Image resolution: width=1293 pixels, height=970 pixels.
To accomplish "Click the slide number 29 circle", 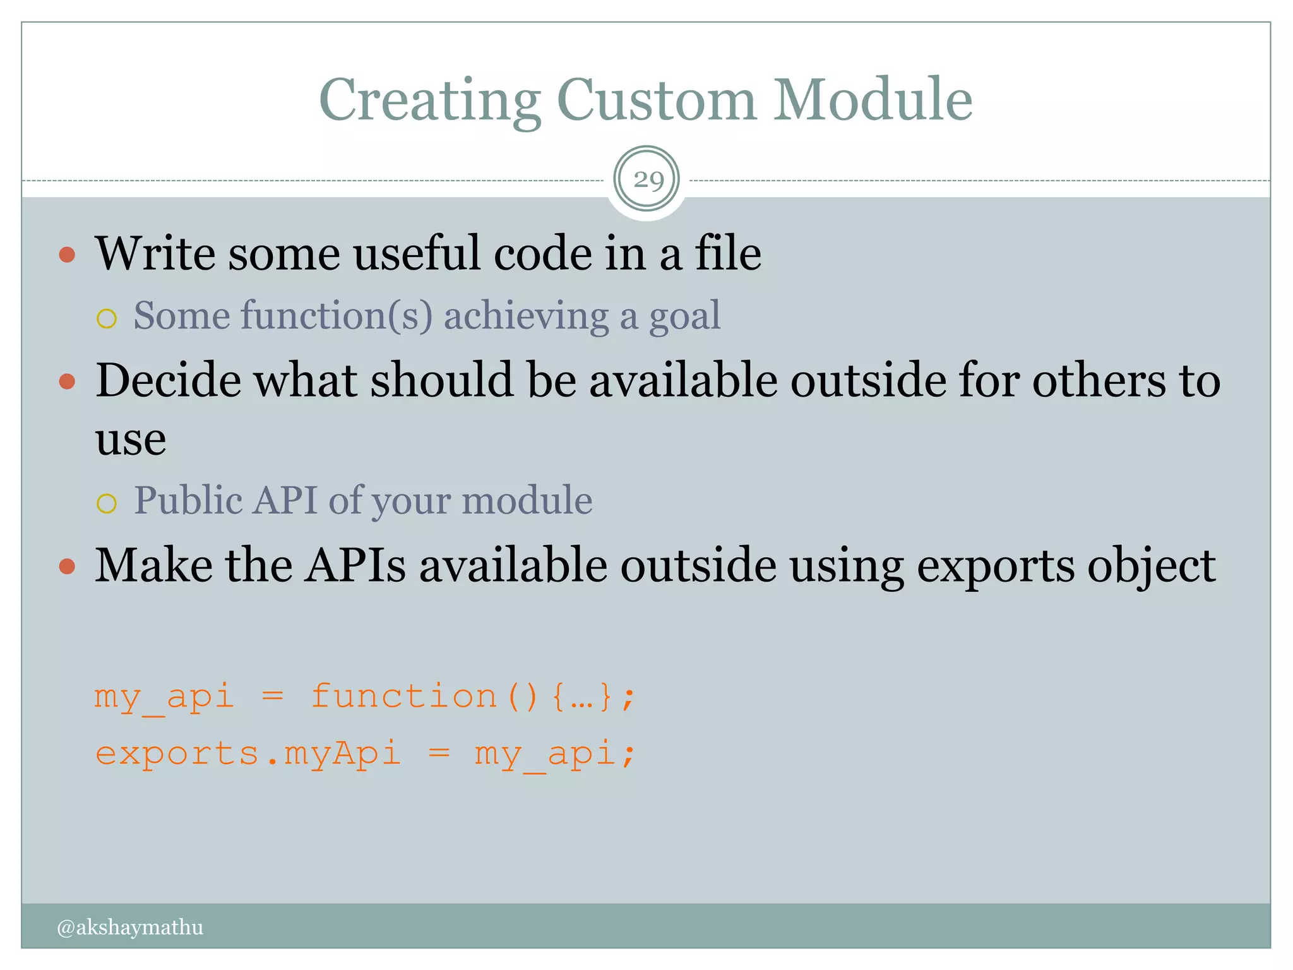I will [646, 179].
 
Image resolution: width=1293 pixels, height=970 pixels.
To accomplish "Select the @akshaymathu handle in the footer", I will [130, 927].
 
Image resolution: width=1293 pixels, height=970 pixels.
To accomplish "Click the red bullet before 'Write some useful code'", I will [67, 255].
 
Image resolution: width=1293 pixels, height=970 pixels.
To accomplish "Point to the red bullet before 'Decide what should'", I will [67, 381].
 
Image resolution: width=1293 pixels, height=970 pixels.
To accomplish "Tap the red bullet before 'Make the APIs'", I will [67, 566].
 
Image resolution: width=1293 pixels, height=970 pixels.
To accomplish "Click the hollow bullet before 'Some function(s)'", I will [107, 318].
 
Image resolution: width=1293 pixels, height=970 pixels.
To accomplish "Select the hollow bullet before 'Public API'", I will [107, 503].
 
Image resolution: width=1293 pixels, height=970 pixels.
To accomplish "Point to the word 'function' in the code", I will [404, 697].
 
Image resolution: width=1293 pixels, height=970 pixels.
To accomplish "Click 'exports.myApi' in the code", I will [248, 753].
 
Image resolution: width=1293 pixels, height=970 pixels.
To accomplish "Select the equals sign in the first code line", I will [273, 697].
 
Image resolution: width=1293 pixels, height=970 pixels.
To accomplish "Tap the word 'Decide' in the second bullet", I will [168, 381].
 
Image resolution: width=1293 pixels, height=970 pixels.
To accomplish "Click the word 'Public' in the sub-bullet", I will [188, 501].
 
